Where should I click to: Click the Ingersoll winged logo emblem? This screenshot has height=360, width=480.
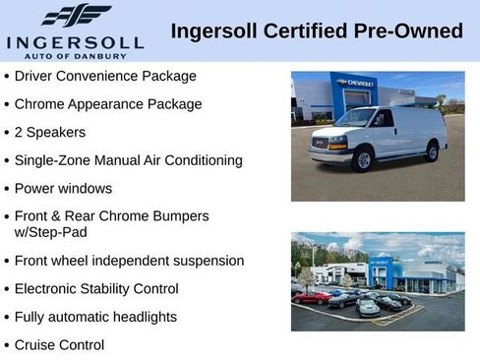tap(75, 15)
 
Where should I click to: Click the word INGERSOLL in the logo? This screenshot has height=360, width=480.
tap(75, 42)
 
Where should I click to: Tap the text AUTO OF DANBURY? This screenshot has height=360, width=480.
tap(75, 56)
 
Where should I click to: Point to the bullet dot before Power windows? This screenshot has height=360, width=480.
tap(7, 189)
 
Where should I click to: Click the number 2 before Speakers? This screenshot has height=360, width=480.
tap(20, 132)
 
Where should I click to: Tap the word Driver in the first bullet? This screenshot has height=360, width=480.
tap(35, 76)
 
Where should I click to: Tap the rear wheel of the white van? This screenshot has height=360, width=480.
tap(432, 151)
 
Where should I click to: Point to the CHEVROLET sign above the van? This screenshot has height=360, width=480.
tap(353, 84)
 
